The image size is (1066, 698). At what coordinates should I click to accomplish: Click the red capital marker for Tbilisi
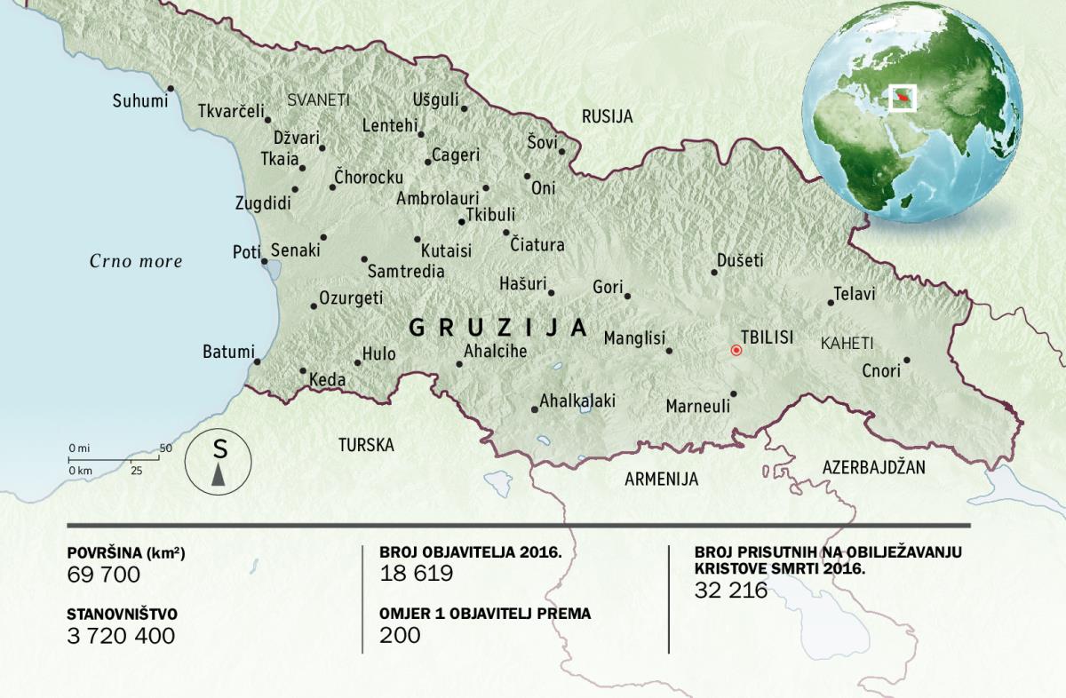point(736,350)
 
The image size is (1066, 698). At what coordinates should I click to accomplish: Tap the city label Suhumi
point(139,101)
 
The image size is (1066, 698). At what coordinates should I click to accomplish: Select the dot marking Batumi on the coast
point(257,361)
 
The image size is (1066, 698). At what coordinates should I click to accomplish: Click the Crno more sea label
point(136,261)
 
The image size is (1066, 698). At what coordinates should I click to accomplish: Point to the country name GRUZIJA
point(497,328)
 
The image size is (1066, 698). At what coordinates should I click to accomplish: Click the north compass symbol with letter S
point(219,462)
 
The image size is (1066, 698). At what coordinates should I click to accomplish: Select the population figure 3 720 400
point(121,636)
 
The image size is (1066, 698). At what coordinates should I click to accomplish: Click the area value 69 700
point(104,575)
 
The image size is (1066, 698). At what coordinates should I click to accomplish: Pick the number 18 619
point(416,574)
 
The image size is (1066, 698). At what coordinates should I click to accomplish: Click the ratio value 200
point(400,635)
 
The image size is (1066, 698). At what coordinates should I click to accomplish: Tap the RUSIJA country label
point(607,116)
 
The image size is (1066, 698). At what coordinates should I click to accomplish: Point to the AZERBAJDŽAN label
point(874,466)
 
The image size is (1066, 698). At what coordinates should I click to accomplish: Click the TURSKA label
point(365,445)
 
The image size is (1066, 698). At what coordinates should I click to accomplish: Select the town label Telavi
point(855,293)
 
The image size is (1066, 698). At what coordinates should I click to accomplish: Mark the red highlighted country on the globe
point(903,95)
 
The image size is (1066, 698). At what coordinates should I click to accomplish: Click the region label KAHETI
point(847,343)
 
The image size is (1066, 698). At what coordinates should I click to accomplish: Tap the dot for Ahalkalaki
point(534,409)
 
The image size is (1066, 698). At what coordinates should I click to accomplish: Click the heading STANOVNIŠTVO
point(122,614)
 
